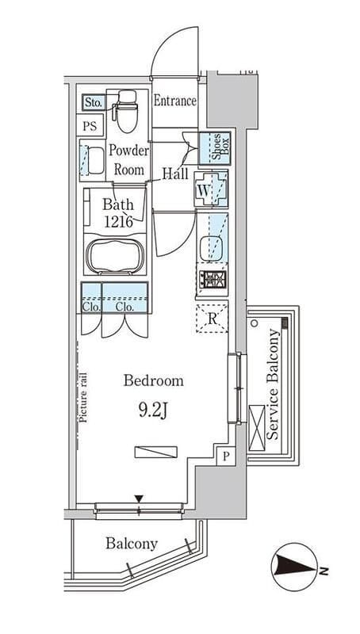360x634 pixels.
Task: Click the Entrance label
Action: tap(174, 101)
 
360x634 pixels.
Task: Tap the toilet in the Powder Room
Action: tap(125, 111)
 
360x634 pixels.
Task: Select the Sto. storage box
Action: tap(94, 103)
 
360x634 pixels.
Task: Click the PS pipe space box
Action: tap(90, 126)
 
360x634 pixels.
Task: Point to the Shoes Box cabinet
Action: tap(215, 147)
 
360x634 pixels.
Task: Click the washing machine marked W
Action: tap(211, 189)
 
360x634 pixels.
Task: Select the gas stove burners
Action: tap(213, 280)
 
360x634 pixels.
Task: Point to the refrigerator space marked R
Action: tap(213, 319)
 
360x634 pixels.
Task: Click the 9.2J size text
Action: tap(153, 411)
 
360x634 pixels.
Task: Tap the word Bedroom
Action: tap(153, 381)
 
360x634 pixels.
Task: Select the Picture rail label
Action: tap(84, 397)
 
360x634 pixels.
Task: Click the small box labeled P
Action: tap(226, 456)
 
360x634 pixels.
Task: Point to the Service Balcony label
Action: tap(274, 384)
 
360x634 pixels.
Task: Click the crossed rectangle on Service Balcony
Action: tap(257, 428)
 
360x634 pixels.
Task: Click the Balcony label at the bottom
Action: tap(132, 544)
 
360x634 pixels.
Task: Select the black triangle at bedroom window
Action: tap(139, 498)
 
